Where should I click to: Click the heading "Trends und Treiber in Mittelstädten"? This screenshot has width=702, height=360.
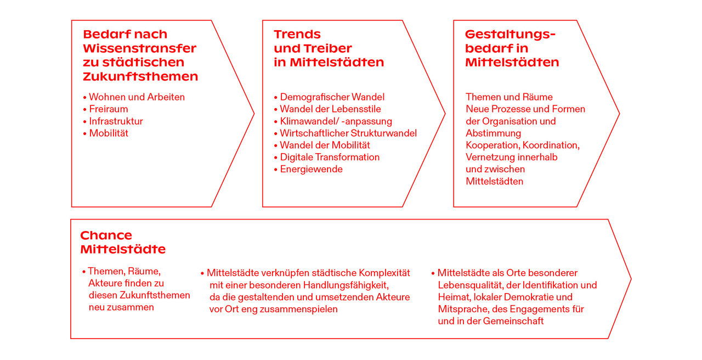pos(329,49)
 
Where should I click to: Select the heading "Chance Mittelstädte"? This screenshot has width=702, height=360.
pos(123,243)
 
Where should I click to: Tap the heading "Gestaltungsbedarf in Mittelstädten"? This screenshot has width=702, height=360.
pos(512,49)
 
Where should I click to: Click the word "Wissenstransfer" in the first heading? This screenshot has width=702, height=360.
pos(140,49)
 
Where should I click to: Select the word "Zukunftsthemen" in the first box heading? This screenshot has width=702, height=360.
pos(140,76)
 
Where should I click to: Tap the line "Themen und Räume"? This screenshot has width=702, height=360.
pos(509,97)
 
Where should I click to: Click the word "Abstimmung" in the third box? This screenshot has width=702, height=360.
pos(493,133)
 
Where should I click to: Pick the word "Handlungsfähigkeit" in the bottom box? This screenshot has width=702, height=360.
pos(346,285)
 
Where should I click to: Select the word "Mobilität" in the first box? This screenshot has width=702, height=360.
pos(109,133)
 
